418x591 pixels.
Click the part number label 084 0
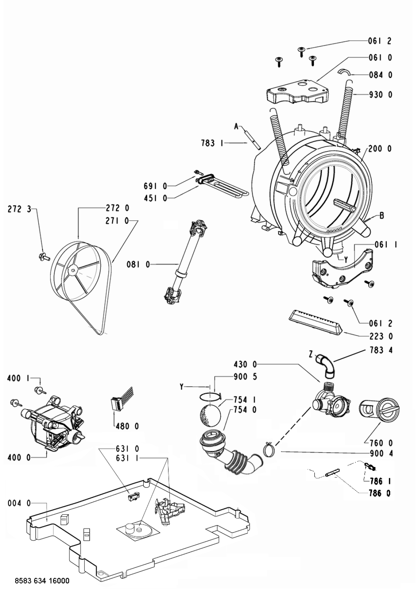coord(380,75)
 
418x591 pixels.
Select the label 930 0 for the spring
coord(380,95)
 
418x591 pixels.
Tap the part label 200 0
coord(380,149)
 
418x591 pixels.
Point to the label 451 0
coord(155,198)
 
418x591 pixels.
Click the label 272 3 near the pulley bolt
coord(19,209)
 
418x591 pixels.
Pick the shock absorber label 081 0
coord(138,264)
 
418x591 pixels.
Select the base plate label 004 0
coord(19,503)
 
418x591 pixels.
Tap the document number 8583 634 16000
coord(42,581)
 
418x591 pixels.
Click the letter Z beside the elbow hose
coord(311,355)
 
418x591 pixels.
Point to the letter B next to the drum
coord(382,216)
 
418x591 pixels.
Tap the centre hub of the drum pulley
coord(73,269)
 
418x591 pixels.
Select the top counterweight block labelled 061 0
coord(298,91)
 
